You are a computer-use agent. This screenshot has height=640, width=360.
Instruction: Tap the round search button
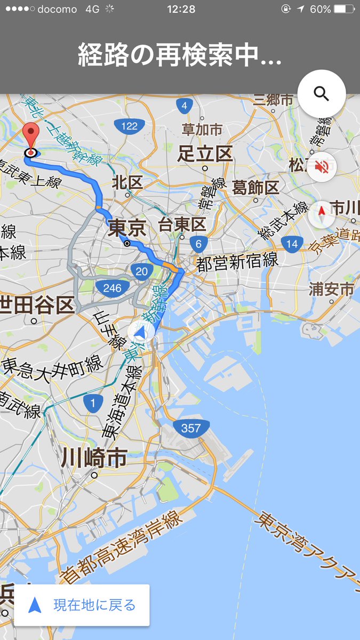tap(321, 94)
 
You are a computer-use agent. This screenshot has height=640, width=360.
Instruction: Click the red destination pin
tap(32, 135)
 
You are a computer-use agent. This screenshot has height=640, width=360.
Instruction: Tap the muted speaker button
tap(321, 166)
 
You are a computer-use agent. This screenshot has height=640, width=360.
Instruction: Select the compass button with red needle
tap(321, 215)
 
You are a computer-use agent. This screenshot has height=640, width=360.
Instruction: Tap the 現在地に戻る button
tap(82, 605)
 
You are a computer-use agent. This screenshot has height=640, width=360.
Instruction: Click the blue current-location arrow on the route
tap(140, 333)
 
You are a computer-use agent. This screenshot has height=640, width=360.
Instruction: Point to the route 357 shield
tap(190, 428)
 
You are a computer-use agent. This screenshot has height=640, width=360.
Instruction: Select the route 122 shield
tap(129, 126)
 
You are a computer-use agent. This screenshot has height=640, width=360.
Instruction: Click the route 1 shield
tap(93, 404)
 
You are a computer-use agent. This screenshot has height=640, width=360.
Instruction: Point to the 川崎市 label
tap(94, 457)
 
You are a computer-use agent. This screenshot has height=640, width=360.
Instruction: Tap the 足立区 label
tap(205, 154)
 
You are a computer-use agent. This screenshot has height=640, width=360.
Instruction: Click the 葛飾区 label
tap(255, 188)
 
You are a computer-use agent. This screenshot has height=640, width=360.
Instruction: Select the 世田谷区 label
tap(36, 306)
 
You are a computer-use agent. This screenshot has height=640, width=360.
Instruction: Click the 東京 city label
tap(126, 229)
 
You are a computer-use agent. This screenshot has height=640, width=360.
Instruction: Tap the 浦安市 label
tap(331, 290)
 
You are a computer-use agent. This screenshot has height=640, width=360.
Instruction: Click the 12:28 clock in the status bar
tap(181, 9)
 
